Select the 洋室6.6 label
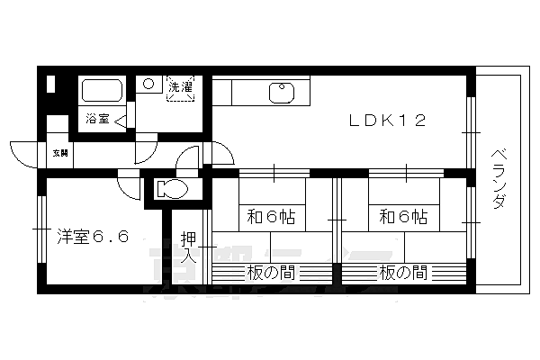click(90, 238)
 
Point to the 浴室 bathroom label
click(96, 118)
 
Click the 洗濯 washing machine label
click(181, 87)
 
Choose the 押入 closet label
click(188, 246)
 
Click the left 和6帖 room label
click(271, 216)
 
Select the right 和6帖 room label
click(402, 216)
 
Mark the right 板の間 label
click(402, 271)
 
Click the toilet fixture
click(171, 189)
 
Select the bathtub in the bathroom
click(102, 91)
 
